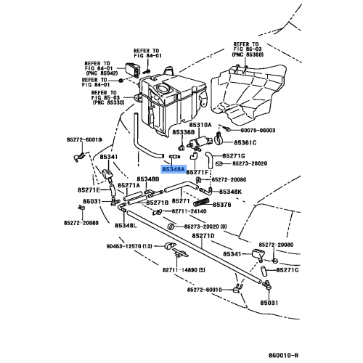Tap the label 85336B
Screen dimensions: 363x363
184,133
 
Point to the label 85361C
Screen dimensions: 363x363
245,143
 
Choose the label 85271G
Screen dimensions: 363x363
234,156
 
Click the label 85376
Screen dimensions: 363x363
221,205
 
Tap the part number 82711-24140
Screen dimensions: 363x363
189,212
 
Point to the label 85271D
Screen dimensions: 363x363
203,237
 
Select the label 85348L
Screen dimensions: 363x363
125,226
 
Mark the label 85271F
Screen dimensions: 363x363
198,173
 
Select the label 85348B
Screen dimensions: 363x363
147,179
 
